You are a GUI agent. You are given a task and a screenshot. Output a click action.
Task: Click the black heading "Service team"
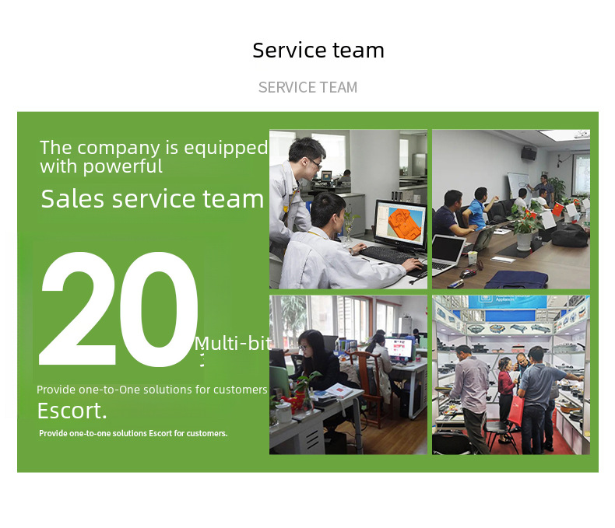click(x=318, y=51)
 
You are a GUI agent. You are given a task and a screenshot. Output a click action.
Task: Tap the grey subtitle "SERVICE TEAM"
click(x=308, y=87)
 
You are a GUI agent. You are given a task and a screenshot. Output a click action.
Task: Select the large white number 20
click(x=118, y=309)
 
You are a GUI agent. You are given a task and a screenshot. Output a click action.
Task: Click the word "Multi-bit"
click(x=233, y=344)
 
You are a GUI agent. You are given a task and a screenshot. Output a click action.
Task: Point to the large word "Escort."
click(x=72, y=411)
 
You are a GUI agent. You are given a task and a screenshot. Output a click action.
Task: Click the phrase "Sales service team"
click(x=153, y=198)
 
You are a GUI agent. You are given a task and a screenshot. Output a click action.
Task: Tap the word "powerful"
click(x=123, y=166)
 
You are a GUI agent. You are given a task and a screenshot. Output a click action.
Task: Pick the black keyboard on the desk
click(x=386, y=255)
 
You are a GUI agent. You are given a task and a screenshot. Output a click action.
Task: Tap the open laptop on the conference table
click(x=448, y=253)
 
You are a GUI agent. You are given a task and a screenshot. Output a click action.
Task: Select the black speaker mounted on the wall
click(x=529, y=153)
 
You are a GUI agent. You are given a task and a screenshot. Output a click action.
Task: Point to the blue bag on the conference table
click(x=517, y=280)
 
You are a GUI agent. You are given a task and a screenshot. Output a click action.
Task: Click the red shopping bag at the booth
click(x=517, y=411)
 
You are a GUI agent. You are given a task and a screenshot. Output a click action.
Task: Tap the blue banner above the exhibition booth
click(x=508, y=302)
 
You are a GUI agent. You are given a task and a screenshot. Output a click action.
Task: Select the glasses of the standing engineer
click(x=315, y=163)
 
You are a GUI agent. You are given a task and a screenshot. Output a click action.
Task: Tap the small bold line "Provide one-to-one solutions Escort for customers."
click(x=133, y=433)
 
